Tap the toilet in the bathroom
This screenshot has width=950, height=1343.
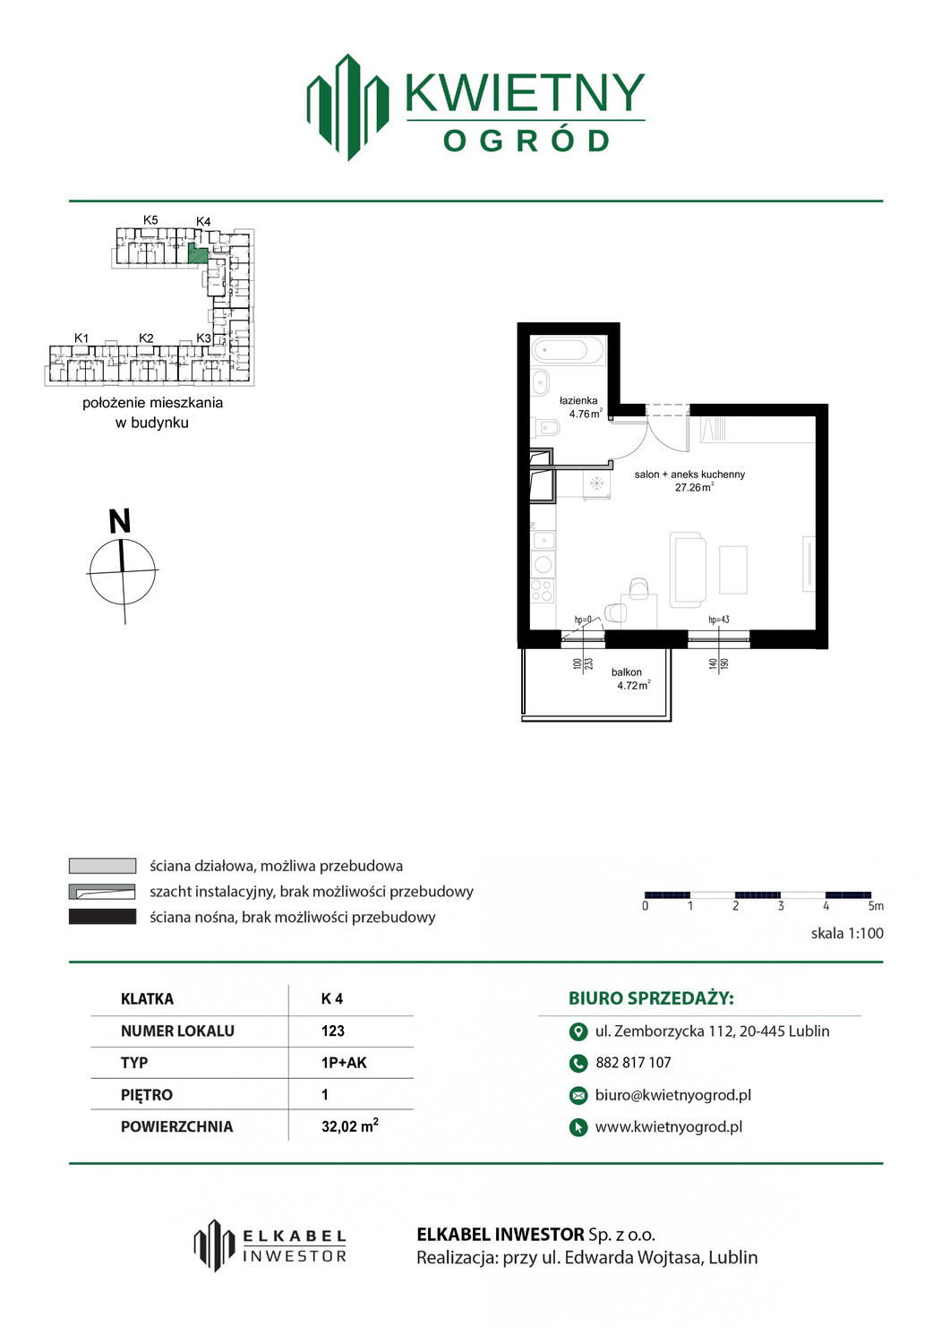click(x=548, y=427)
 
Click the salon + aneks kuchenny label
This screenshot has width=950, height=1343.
click(x=689, y=475)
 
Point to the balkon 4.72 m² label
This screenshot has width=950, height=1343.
click(x=632, y=679)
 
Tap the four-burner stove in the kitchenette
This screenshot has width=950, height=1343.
click(x=543, y=590)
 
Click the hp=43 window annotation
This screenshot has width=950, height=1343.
click(x=718, y=620)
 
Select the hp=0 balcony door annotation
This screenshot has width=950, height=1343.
click(x=583, y=620)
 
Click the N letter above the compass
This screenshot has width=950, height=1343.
click(x=120, y=520)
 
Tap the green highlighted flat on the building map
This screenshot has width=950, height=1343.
click(x=198, y=255)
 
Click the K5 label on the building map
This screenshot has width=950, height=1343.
click(x=150, y=220)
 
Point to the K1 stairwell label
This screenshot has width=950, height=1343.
click(x=81, y=338)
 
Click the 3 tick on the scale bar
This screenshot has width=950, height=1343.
click(x=781, y=906)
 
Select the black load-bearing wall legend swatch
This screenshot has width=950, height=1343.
click(x=103, y=917)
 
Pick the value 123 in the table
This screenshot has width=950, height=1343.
click(x=333, y=1031)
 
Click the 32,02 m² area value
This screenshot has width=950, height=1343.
click(x=350, y=1126)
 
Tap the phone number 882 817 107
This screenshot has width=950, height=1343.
click(x=633, y=1063)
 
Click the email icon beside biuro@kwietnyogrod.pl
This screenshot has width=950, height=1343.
click(x=578, y=1095)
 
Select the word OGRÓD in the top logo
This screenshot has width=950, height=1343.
click(x=526, y=141)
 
